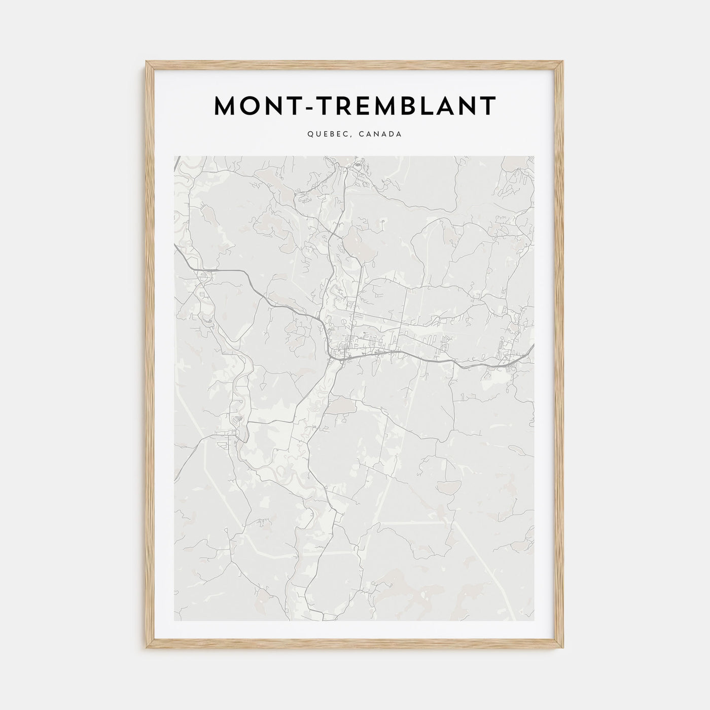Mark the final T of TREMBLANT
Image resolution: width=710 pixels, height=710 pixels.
pos(488,105)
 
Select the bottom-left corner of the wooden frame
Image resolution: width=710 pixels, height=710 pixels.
pos(146,650)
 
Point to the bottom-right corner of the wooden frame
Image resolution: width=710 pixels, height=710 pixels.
pos(563,650)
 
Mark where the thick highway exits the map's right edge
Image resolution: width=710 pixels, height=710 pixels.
pos(534,346)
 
